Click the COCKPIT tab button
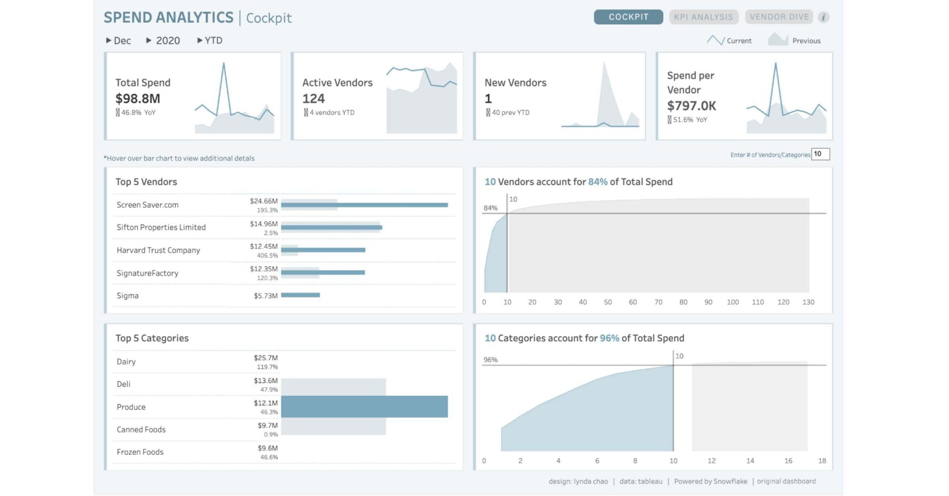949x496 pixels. coord(628,17)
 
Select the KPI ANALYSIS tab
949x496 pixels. coord(703,17)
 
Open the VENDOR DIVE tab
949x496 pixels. coord(779,17)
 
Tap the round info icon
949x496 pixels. coord(823,18)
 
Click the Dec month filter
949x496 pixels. coord(119,41)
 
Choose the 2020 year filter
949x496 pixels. coord(163,41)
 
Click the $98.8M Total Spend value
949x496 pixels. coord(138,99)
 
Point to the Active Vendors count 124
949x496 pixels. coord(314,99)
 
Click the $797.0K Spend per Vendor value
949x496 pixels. coord(691,106)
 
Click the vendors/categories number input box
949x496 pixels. coord(821,154)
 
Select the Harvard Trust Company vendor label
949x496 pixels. coord(158,250)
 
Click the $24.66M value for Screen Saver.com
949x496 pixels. coord(264,201)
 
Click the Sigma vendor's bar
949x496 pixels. coord(300,295)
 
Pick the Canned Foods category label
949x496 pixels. coord(141,429)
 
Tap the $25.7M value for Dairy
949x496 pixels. coord(266,358)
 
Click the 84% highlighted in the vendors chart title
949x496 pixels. coord(598,182)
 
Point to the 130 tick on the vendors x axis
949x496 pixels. coord(808,302)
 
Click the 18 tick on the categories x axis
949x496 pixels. coord(822,461)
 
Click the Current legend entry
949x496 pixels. coord(729,41)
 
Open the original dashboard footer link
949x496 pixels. coord(786,481)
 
